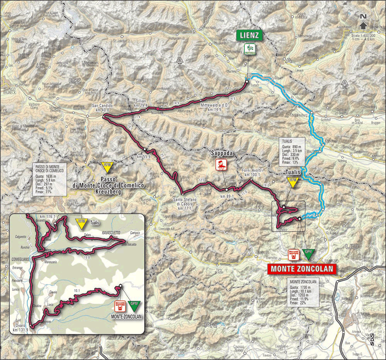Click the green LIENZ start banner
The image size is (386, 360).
(248, 35)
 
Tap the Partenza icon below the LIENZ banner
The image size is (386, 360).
(249, 48)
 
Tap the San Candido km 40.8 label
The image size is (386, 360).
(102, 109)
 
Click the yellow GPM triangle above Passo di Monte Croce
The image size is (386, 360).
(107, 166)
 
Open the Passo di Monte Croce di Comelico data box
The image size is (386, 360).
(51, 179)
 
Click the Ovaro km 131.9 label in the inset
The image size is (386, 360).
(22, 328)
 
